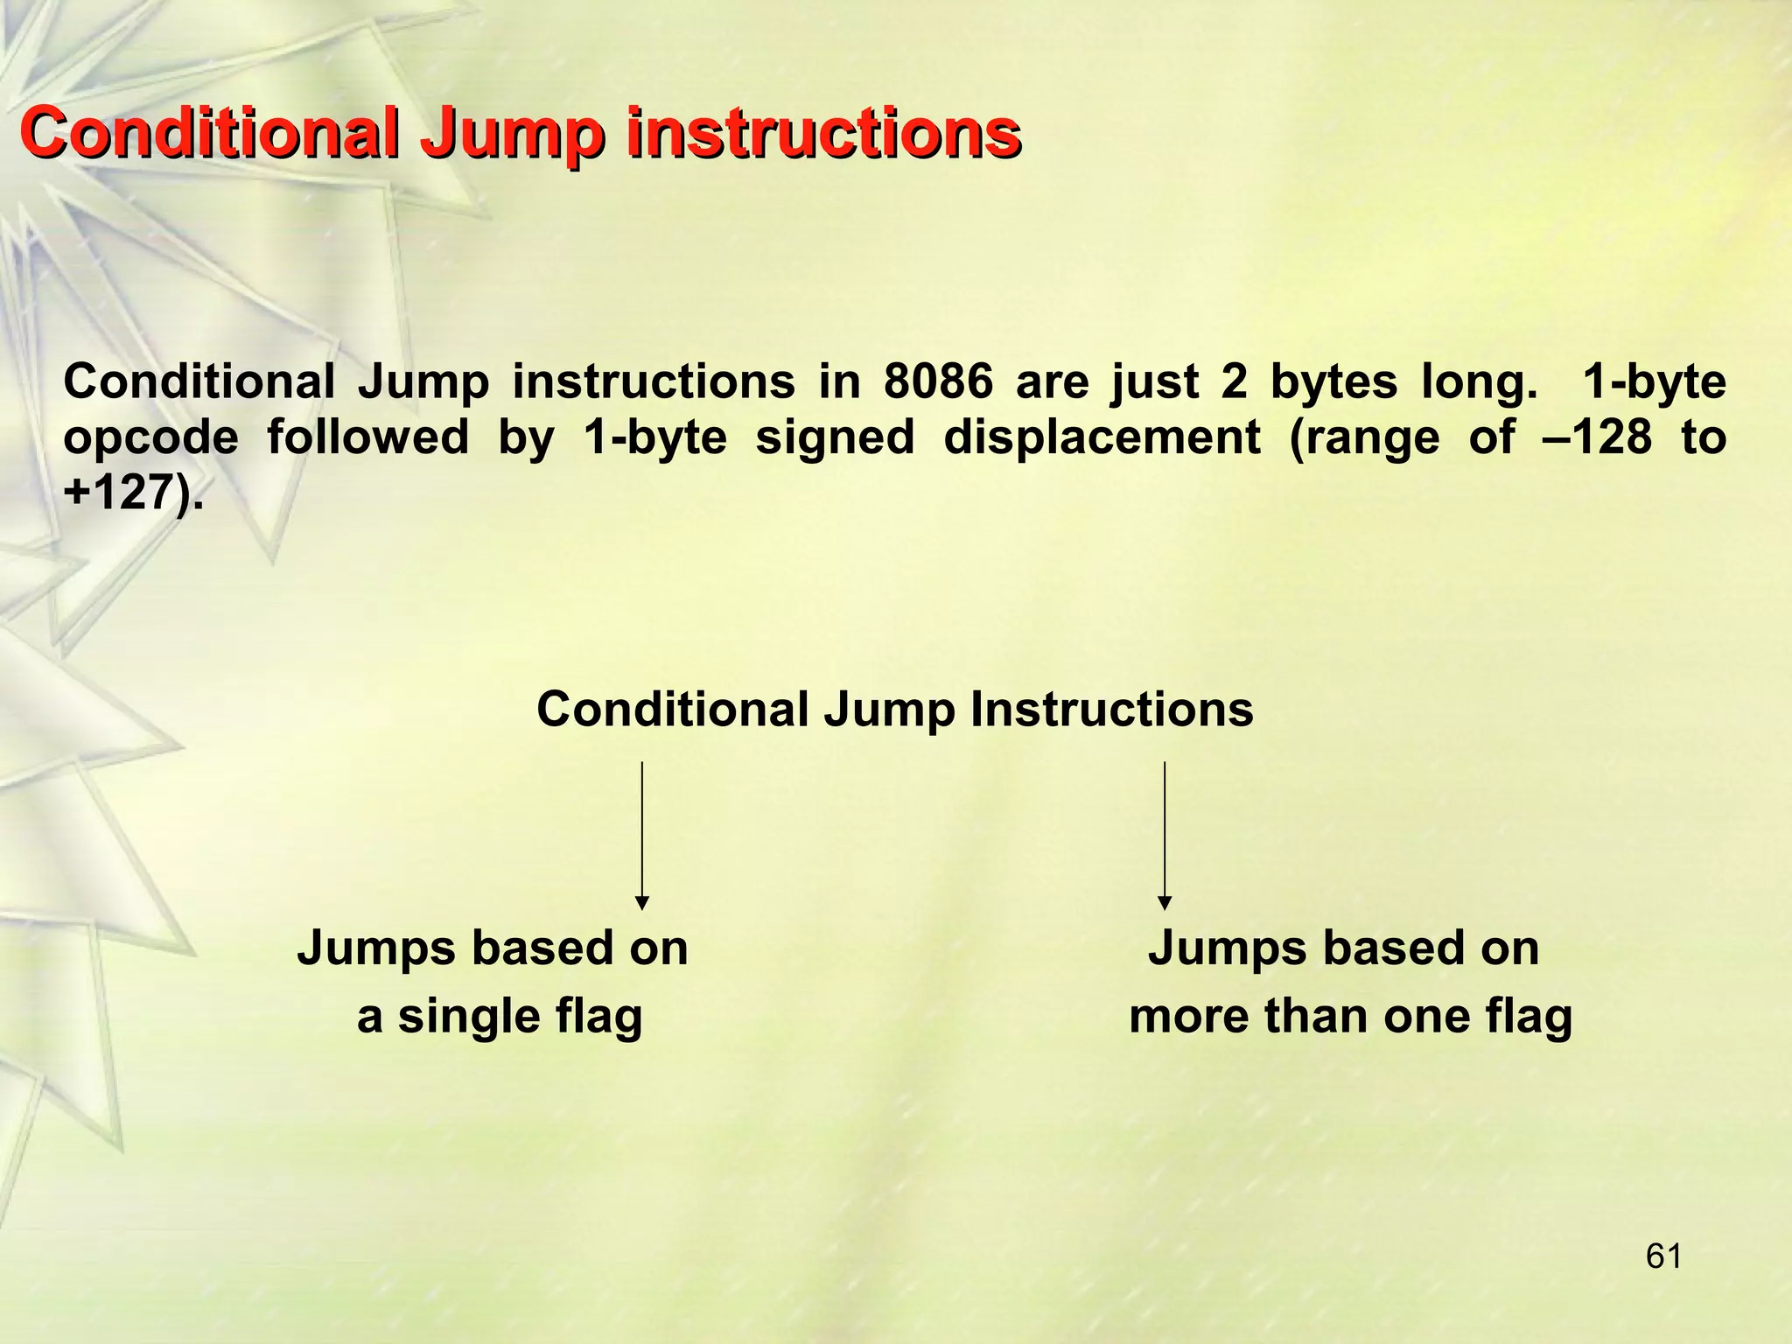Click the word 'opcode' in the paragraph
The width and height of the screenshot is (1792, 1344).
(150, 437)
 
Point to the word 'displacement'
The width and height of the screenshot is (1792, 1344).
(1102, 437)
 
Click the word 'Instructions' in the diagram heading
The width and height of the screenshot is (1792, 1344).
(1111, 709)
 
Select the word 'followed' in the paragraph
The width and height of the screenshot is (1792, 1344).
(367, 437)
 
